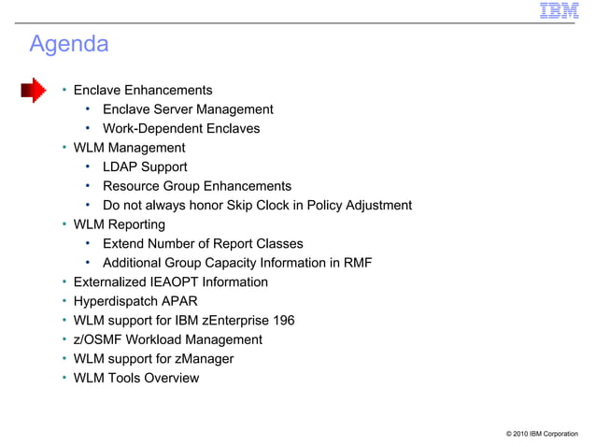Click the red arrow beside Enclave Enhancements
(34, 91)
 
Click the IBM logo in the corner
(559, 11)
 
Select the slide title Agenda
(69, 44)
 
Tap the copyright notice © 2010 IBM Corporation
(541, 434)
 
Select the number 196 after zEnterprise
(281, 321)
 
